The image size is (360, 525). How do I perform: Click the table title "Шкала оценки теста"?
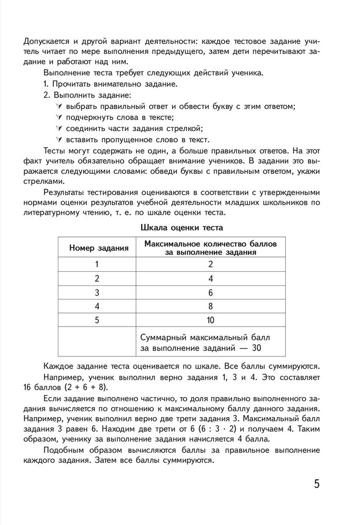182,228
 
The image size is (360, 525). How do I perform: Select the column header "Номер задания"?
96,248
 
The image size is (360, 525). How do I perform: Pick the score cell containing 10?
209,320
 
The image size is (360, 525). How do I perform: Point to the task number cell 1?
96,265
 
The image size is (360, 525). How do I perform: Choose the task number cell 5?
96,320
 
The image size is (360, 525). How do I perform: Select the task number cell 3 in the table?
96,293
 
